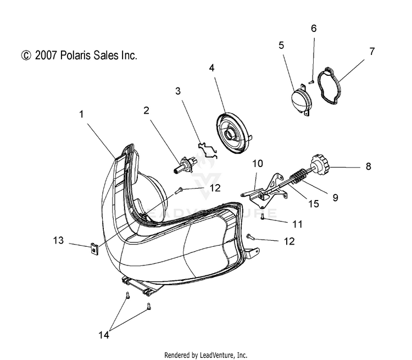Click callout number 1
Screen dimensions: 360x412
[x=81, y=114]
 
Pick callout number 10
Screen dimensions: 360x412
[x=258, y=163]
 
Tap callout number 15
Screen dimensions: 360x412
[x=314, y=203]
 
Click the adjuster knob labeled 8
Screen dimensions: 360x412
[x=320, y=163]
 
